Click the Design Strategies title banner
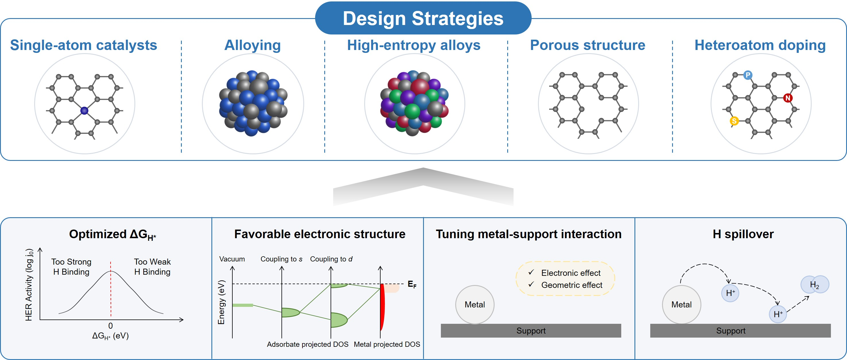[423, 18]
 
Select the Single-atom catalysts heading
[84, 45]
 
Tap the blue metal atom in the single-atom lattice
[84, 110]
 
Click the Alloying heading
[252, 45]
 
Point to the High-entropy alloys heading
[414, 45]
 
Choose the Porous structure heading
[588, 45]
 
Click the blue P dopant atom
[748, 75]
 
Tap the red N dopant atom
[788, 98]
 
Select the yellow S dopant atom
[734, 121]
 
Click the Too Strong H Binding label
[71, 267]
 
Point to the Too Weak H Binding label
[152, 267]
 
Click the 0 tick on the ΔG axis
[111, 326]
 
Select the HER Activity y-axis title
[29, 285]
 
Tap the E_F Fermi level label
[412, 284]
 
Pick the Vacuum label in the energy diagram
[232, 259]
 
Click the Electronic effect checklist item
[571, 273]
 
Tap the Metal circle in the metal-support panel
[475, 305]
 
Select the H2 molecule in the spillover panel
[815, 284]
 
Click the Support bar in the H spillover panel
[740, 330]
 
